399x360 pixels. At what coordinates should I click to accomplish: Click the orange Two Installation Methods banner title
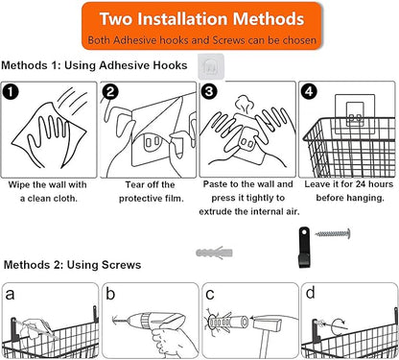click(201, 18)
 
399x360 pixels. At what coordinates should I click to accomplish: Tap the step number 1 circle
click(11, 92)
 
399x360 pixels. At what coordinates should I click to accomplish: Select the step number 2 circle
click(110, 92)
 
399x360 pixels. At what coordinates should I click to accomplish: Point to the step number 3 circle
click(209, 91)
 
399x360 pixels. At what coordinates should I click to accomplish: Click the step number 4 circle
click(309, 91)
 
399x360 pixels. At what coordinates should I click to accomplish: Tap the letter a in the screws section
click(10, 295)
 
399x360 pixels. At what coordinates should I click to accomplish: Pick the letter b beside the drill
click(110, 294)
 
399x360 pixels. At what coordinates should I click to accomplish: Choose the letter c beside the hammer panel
click(210, 295)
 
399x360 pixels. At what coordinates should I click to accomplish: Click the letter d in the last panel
click(310, 293)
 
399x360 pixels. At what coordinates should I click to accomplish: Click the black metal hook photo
click(304, 248)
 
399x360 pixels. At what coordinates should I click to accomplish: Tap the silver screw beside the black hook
click(333, 234)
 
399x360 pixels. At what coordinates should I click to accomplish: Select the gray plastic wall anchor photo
click(214, 252)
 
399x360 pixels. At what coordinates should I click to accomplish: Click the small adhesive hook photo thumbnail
click(211, 66)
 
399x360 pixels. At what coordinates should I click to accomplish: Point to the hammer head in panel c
click(267, 324)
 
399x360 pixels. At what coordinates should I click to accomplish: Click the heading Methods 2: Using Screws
click(72, 265)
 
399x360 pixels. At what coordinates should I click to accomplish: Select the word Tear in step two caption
click(136, 184)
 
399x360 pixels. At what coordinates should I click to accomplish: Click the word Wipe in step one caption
click(19, 184)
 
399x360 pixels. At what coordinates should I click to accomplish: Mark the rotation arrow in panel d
click(340, 325)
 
